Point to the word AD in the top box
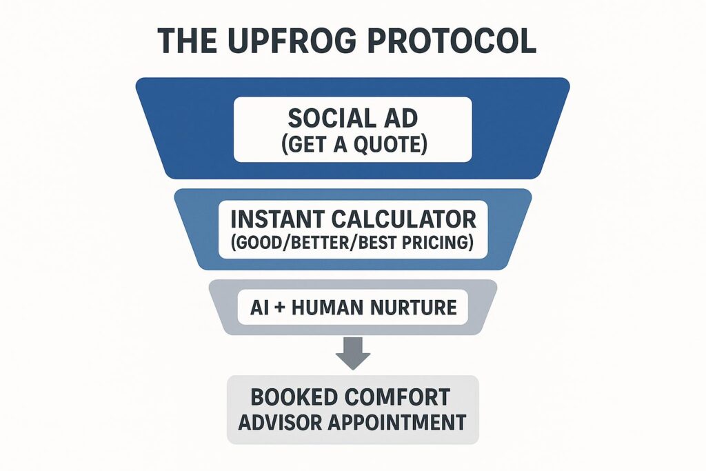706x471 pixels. coord(401,119)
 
